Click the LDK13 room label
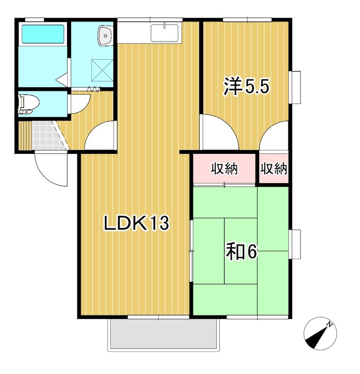pyautogui.click(x=135, y=223)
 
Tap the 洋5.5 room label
pyautogui.click(x=247, y=87)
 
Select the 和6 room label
pyautogui.click(x=241, y=252)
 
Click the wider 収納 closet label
pyautogui.click(x=224, y=168)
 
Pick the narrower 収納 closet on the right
pyautogui.click(x=273, y=168)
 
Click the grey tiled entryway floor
pyautogui.click(x=46, y=136)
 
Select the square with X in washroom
pyautogui.click(x=102, y=69)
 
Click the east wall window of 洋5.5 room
pyautogui.click(x=295, y=87)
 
